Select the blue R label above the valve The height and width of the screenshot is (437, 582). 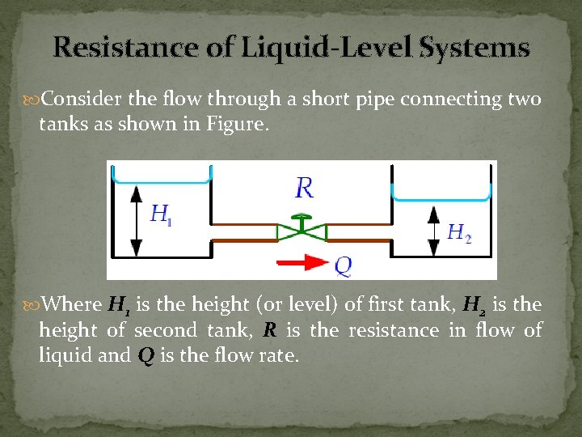(x=304, y=188)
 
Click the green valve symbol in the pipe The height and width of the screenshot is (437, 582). (x=302, y=231)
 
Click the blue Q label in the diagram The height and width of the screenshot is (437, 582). (x=343, y=264)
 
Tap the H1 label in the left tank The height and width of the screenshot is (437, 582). (x=162, y=215)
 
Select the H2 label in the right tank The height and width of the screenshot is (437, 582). (x=459, y=233)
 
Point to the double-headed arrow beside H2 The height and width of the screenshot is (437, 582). (x=433, y=228)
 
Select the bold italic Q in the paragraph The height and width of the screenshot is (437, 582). (x=146, y=355)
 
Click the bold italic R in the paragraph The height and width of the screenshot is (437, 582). (x=270, y=330)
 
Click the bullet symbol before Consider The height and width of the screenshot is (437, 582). (x=33, y=100)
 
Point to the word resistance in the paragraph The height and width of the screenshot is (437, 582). (x=394, y=330)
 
